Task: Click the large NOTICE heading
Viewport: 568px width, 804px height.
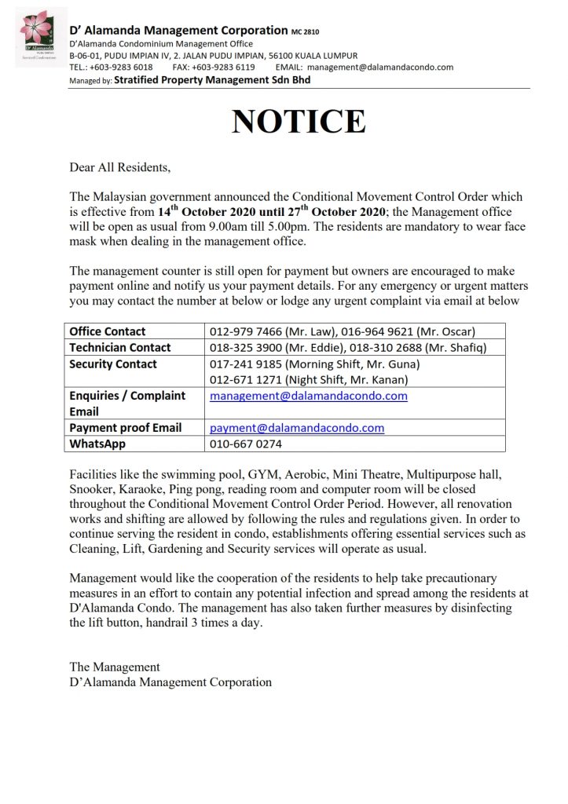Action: [x=298, y=122]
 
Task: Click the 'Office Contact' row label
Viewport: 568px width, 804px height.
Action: [x=108, y=331]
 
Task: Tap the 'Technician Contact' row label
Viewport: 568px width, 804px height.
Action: [x=120, y=347]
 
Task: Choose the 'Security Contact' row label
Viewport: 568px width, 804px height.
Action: [x=113, y=364]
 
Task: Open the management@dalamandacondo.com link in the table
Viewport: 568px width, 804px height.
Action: [x=309, y=397]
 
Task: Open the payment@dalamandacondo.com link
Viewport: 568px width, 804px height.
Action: [x=297, y=428]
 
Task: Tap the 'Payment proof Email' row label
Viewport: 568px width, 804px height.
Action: [x=126, y=428]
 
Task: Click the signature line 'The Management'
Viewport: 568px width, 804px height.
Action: [x=115, y=667]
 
